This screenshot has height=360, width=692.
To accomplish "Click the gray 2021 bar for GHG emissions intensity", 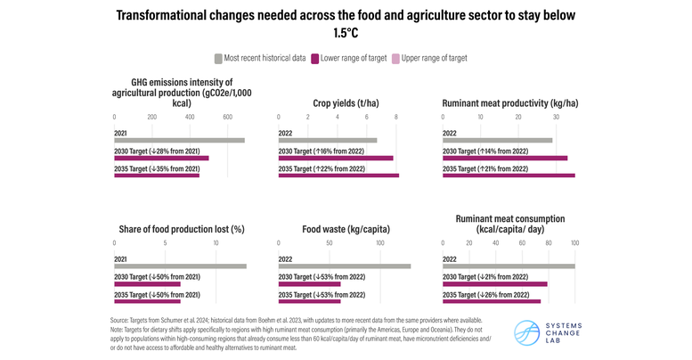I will (x=179, y=140).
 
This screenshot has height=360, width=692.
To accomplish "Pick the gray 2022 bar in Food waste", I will (x=345, y=266).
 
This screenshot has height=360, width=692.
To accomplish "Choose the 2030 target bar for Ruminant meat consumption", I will (x=495, y=283).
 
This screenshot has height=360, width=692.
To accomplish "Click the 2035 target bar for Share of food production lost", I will (x=148, y=301).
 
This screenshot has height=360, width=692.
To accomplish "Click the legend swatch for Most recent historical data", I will (x=219, y=59).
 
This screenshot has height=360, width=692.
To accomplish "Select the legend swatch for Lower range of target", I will (x=315, y=59).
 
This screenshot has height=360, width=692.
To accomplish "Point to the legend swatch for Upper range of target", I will (x=395, y=59).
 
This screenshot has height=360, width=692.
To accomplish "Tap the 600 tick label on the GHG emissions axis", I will (x=227, y=117).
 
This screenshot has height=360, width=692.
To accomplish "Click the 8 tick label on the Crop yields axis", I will (x=395, y=117).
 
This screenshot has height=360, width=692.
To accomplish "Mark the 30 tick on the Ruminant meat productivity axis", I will (x=556, y=117).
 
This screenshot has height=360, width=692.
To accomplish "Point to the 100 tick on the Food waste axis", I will (x=380, y=243).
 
